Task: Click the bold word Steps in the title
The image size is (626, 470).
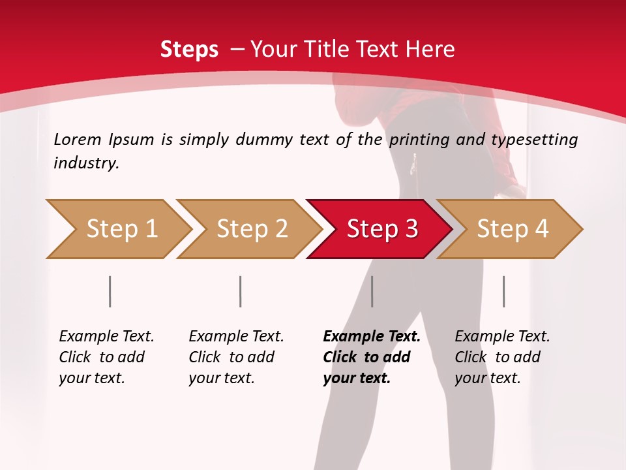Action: [189, 50]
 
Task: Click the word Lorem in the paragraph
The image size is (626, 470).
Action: [78, 140]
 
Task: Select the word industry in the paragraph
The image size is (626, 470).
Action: [86, 163]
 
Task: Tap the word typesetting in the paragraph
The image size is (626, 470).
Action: [535, 140]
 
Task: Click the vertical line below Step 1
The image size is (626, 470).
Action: [110, 291]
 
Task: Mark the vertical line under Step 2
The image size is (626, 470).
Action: [241, 291]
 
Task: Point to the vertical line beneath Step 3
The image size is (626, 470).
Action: [372, 291]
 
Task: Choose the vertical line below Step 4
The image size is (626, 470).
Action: [504, 291]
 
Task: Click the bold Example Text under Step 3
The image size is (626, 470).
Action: [372, 337]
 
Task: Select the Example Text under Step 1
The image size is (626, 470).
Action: [106, 337]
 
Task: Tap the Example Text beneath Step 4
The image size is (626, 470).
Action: [502, 337]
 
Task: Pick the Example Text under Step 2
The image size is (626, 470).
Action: [236, 337]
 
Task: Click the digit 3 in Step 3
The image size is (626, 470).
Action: [411, 229]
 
